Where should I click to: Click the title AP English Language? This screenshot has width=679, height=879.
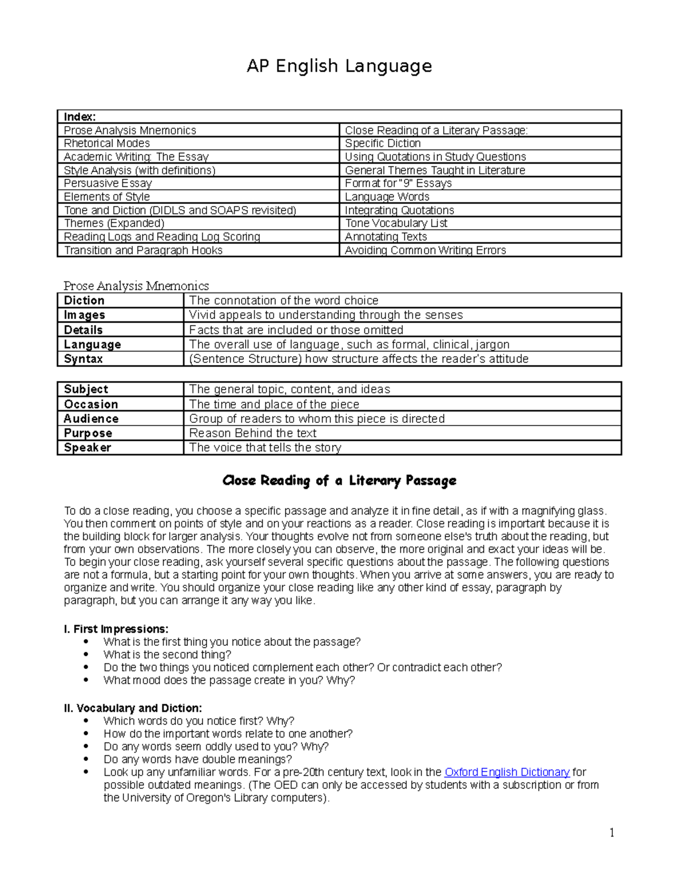click(339, 66)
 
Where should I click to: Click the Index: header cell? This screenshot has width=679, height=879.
click(80, 117)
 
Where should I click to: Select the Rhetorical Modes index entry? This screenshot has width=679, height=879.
click(107, 143)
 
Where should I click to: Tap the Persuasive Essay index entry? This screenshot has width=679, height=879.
click(108, 183)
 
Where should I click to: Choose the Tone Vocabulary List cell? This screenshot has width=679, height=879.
click(396, 224)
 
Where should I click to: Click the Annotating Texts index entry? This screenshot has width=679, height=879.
click(386, 237)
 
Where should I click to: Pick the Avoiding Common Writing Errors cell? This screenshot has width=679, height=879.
click(426, 250)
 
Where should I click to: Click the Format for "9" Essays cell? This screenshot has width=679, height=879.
click(398, 183)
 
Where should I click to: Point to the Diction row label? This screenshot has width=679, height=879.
click(84, 301)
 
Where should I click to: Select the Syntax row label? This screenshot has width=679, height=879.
click(83, 359)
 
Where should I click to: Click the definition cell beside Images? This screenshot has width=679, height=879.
click(326, 315)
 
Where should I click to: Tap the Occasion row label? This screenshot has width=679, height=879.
click(91, 404)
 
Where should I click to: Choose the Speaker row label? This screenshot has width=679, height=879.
click(88, 448)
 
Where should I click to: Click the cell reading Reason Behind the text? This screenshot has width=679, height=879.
click(253, 434)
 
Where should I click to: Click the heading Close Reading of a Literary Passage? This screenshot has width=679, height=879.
click(339, 481)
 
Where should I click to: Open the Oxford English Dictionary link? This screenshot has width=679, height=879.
click(507, 772)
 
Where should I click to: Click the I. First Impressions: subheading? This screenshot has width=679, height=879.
click(116, 629)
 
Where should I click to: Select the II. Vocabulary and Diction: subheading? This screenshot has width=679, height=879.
click(132, 708)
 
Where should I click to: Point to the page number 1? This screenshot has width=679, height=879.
click(612, 832)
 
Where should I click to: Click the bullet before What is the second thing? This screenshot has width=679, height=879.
click(86, 655)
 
